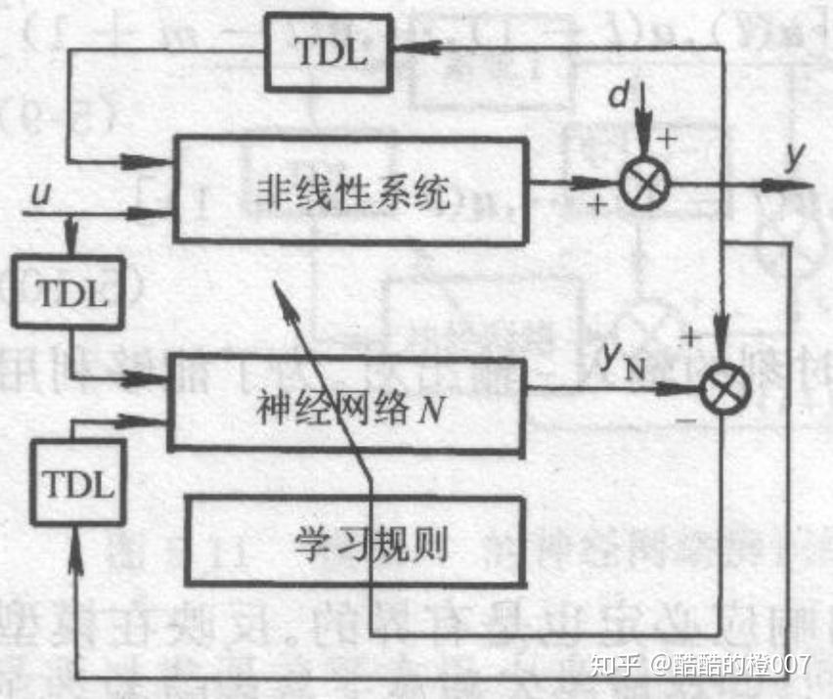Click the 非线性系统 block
(347, 191)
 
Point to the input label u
(40, 194)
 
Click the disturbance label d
(618, 94)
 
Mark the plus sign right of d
(667, 138)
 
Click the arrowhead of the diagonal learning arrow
(280, 290)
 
